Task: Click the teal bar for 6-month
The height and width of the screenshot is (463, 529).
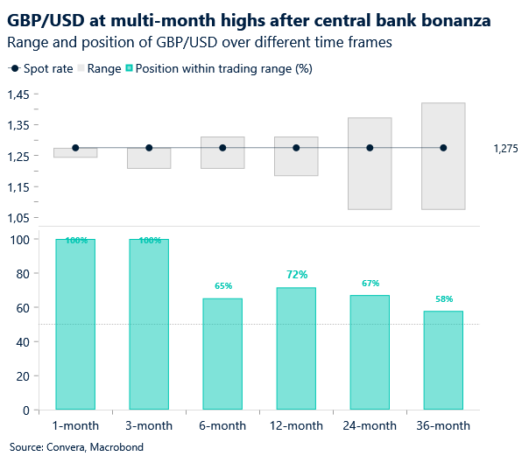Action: [222, 354]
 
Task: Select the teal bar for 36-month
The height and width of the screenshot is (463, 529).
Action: [443, 360]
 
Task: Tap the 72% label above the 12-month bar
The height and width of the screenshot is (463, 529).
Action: [296, 275]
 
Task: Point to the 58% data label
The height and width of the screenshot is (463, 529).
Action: [443, 298]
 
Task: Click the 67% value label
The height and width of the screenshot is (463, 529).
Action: [370, 284]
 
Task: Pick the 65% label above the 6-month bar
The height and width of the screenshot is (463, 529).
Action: [222, 286]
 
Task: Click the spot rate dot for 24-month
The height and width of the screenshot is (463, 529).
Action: [370, 148]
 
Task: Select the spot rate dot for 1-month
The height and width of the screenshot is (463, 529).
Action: [75, 148]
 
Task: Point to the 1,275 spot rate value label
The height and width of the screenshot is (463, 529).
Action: [505, 149]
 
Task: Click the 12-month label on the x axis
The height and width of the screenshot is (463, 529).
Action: [296, 425]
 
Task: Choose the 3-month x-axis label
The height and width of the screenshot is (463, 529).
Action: [149, 425]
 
